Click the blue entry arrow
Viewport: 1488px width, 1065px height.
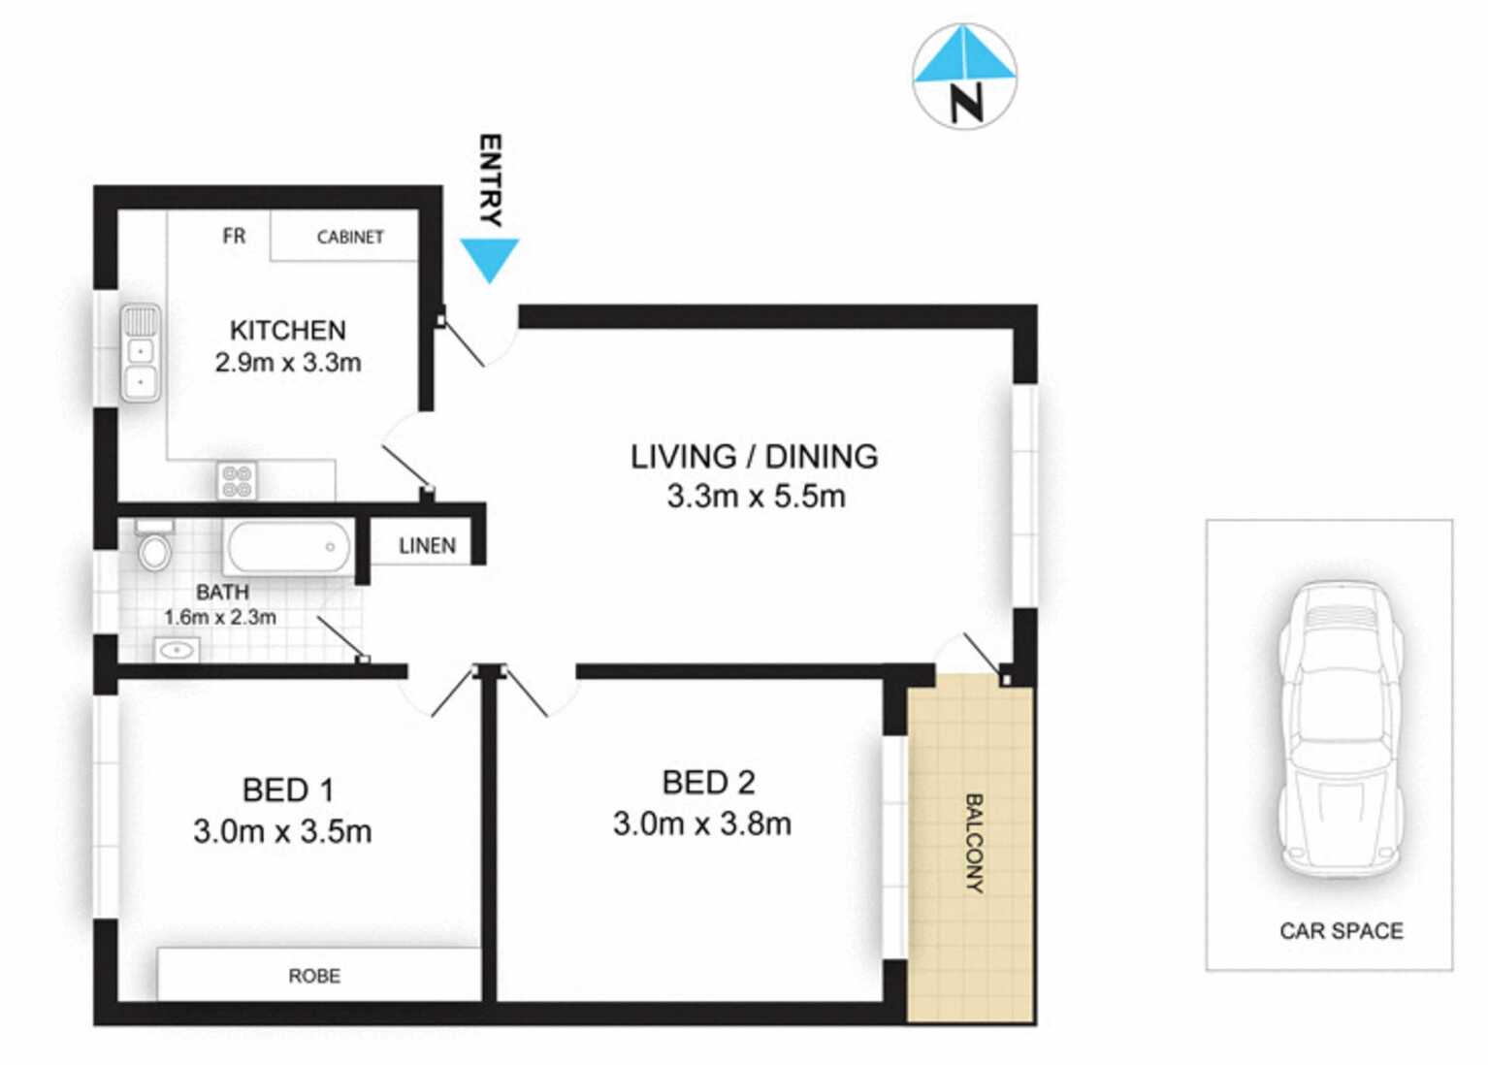489,257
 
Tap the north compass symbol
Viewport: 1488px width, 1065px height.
964,77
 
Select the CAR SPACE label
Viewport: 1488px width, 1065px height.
1341,931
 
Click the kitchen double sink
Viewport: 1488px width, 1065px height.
141,353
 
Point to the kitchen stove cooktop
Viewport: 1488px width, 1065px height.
238,480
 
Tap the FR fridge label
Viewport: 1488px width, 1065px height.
234,236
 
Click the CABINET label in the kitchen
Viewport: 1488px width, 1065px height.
350,237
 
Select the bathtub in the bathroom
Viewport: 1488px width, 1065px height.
288,547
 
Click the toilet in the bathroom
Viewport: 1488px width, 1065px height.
154,545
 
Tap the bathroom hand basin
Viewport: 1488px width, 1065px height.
178,649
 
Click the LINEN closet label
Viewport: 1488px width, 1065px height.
427,546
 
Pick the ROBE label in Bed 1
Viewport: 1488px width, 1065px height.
314,976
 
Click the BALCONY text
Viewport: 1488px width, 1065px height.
974,842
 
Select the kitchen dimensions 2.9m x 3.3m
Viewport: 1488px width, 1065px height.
288,363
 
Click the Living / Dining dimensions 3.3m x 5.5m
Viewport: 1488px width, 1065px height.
756,497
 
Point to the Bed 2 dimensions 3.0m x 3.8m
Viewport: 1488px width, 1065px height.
701,824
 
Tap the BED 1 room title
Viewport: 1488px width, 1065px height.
288,791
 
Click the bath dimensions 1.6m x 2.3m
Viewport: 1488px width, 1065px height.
220,617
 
